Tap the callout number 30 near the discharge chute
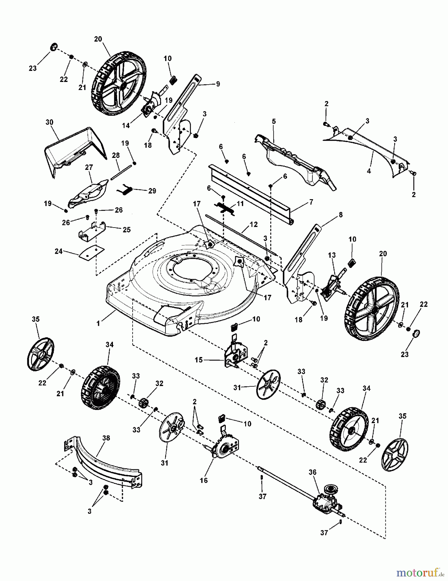tap(49, 122)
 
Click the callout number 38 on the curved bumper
tap(106, 438)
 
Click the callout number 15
tap(199, 360)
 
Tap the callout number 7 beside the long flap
tap(311, 202)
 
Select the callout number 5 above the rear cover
tap(274, 122)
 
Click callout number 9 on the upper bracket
tap(218, 84)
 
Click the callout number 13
tap(332, 255)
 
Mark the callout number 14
tap(126, 126)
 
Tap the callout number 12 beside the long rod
tap(254, 224)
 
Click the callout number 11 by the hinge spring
tap(240, 204)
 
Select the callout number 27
tap(89, 167)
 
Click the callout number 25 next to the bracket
tap(126, 229)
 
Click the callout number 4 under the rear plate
tap(369, 171)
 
